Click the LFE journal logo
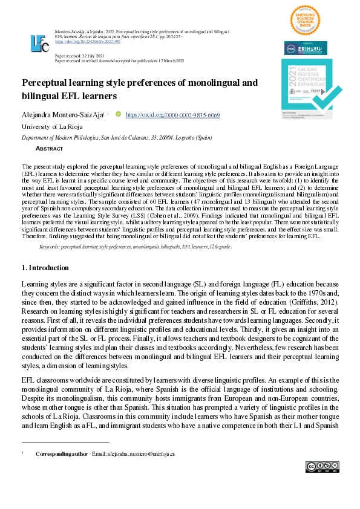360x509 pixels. (x=39, y=42)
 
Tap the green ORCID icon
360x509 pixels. (x=135, y=114)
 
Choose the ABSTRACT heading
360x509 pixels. (x=49, y=148)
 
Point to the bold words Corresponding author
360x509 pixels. (x=61, y=453)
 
